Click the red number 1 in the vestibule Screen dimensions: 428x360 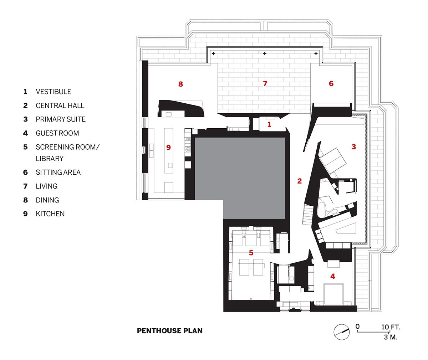[269, 124]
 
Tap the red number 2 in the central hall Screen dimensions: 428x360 [300, 181]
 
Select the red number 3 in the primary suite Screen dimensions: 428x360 [354, 146]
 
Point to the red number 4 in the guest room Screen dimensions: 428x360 [333, 276]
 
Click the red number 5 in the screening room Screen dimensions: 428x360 [251, 253]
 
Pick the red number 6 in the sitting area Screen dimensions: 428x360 [331, 83]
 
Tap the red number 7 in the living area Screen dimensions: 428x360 [265, 83]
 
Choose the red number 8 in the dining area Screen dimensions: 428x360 [180, 84]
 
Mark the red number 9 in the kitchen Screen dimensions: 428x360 [168, 147]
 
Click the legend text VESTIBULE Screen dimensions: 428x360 [53, 92]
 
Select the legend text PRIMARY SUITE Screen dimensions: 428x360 [61, 119]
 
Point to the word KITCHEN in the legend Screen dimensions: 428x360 [50, 214]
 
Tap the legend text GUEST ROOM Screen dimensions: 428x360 [57, 133]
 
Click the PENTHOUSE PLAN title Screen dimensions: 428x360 [170, 331]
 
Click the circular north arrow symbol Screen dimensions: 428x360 [341, 332]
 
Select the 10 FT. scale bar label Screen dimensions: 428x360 [391, 327]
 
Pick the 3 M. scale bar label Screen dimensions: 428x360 [391, 337]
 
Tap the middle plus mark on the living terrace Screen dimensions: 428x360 [265, 53]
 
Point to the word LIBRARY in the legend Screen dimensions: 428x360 [50, 159]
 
